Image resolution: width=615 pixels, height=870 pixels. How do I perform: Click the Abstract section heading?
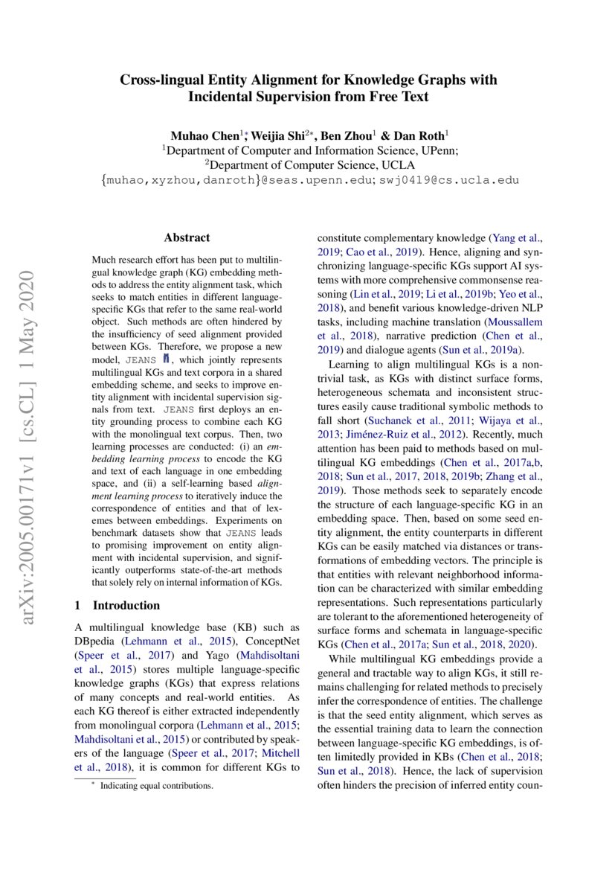[187, 238]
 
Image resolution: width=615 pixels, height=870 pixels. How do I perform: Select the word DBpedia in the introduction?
[97, 641]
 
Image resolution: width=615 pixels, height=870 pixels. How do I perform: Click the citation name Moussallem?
[514, 322]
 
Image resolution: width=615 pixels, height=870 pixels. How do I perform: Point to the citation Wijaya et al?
[512, 420]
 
